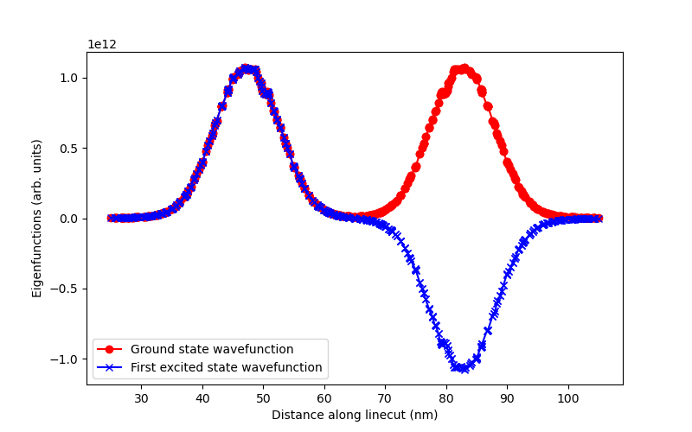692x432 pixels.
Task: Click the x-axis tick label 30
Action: pyautogui.click(x=141, y=398)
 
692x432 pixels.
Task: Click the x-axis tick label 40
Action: pyautogui.click(x=202, y=398)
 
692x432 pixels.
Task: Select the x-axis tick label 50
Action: pyautogui.click(x=263, y=398)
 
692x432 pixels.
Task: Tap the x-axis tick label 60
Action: pyautogui.click(x=324, y=398)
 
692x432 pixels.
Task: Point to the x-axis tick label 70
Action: pyautogui.click(x=385, y=398)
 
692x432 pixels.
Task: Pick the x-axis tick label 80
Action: pyautogui.click(x=445, y=398)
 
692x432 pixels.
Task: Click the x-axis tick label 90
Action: pyautogui.click(x=507, y=398)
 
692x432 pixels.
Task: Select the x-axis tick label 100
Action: pyautogui.click(x=567, y=398)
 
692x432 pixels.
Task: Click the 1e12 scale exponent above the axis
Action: pyautogui.click(x=102, y=45)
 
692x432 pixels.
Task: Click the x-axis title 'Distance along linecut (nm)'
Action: pyautogui.click(x=355, y=415)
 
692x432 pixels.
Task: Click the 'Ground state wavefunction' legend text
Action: pyautogui.click(x=212, y=349)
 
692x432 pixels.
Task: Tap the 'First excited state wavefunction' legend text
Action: pyautogui.click(x=226, y=367)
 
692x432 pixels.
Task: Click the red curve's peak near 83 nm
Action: pyautogui.click(x=464, y=68)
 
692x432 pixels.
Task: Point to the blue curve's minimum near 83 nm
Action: pyautogui.click(x=464, y=369)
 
